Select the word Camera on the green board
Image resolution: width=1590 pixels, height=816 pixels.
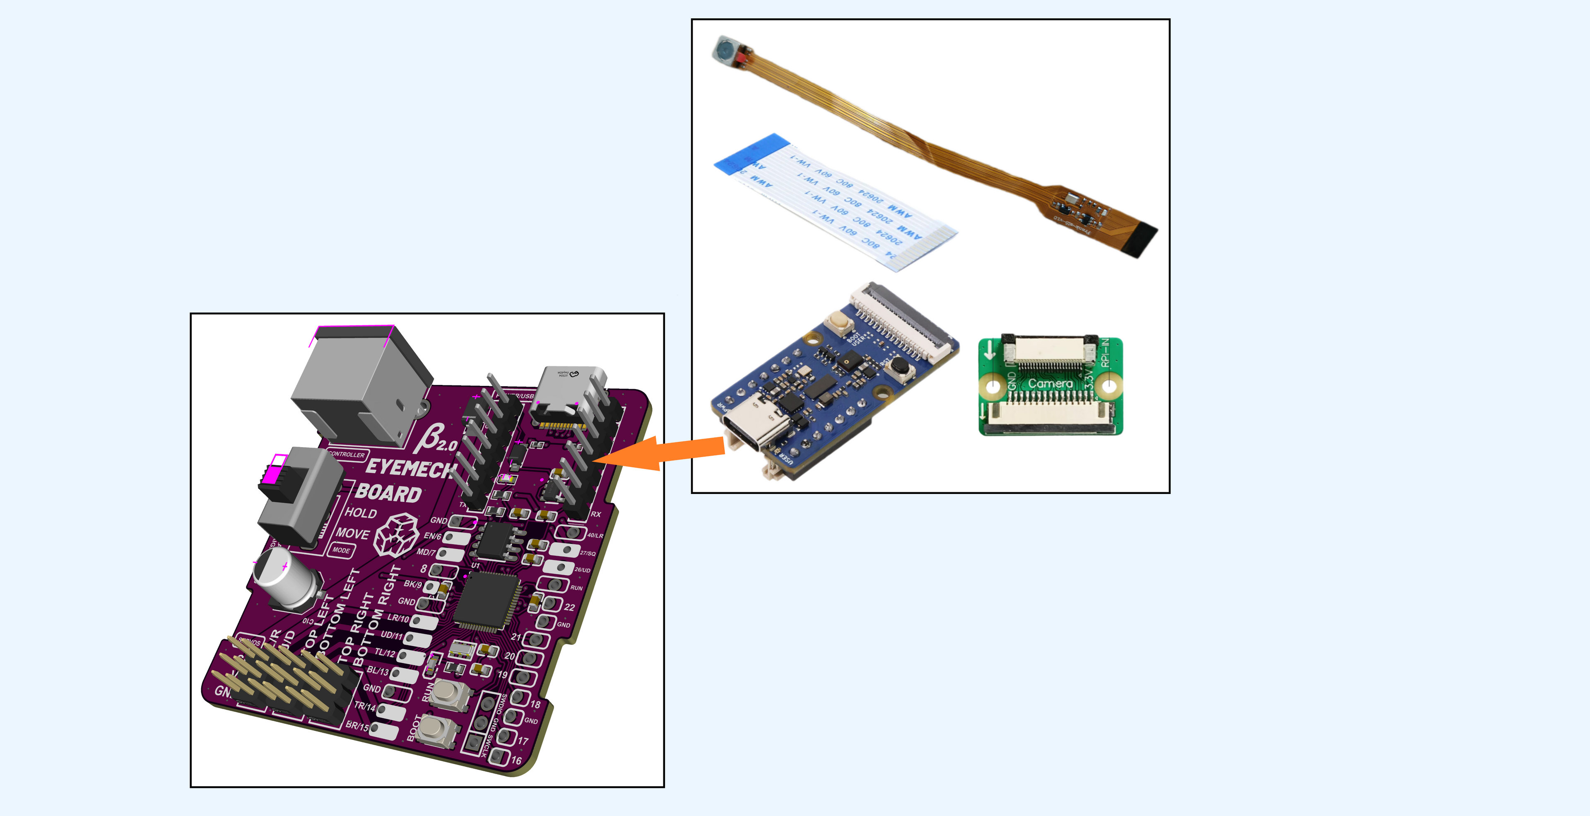click(1050, 384)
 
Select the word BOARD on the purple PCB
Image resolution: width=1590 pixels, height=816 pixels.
click(388, 492)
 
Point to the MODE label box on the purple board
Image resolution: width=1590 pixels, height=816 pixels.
click(341, 550)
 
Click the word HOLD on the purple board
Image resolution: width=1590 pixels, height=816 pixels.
click(361, 513)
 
